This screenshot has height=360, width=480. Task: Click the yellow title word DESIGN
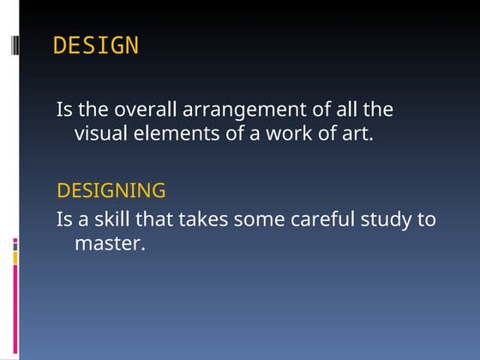tap(95, 46)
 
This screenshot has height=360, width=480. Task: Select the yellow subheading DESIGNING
tap(111, 190)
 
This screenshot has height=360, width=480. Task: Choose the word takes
tap(207, 219)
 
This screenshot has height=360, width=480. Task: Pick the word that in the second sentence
tap(162, 219)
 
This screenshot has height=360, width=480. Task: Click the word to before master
tap(427, 219)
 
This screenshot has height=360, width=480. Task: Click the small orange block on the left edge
tap(15, 256)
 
